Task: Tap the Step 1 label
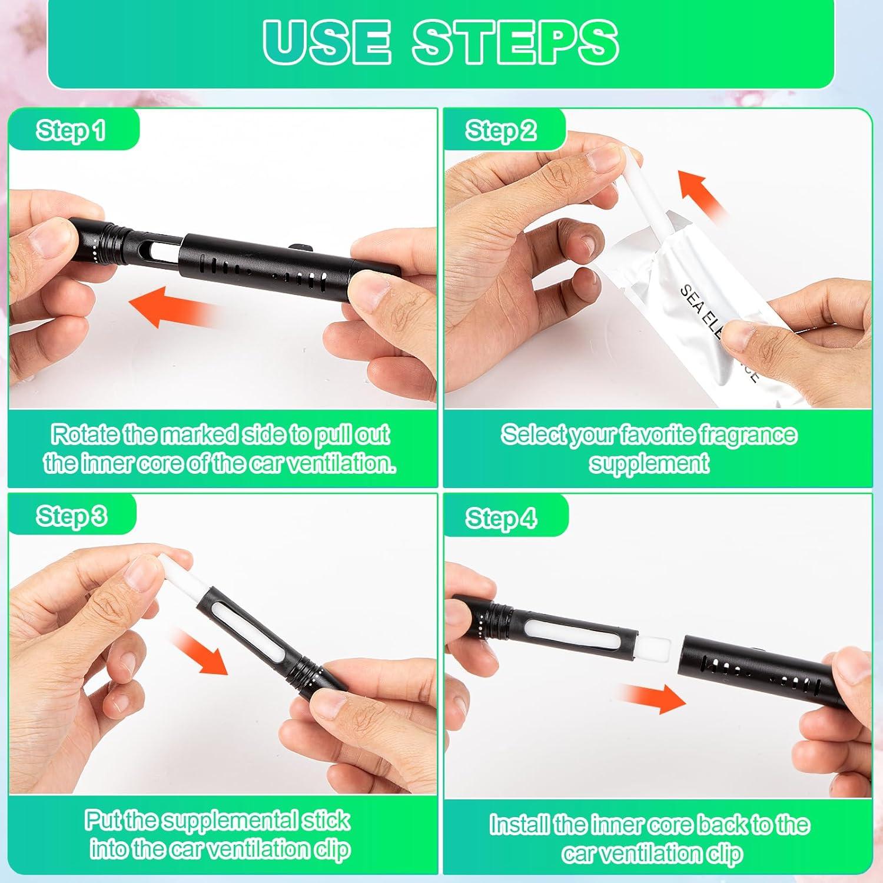point(71,130)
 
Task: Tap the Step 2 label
point(501,130)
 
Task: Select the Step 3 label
point(71,516)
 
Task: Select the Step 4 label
point(501,518)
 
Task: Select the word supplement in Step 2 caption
point(649,463)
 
